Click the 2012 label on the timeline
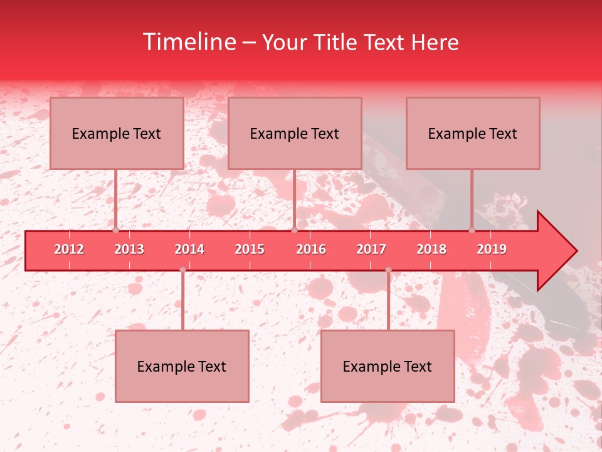(x=69, y=249)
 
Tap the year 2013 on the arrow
(x=129, y=249)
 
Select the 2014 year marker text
(x=189, y=249)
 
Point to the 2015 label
(x=250, y=249)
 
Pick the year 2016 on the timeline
(x=311, y=249)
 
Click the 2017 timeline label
(x=371, y=249)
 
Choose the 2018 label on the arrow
(x=431, y=249)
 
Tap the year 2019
(x=492, y=249)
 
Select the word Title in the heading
(x=341, y=42)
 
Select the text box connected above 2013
(x=117, y=133)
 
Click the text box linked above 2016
(x=295, y=133)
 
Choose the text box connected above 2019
(x=473, y=133)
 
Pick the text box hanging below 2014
(x=182, y=366)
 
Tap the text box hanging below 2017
(x=388, y=366)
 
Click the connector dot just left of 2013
(x=115, y=230)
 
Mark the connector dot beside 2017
(x=388, y=270)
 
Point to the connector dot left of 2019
(x=472, y=230)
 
